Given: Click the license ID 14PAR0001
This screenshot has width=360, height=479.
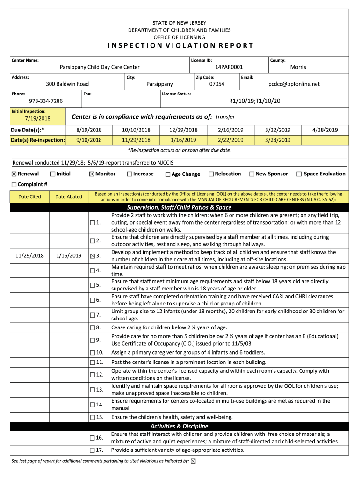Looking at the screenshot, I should pos(229,67).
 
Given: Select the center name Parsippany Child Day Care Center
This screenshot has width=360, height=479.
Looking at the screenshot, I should pos(100,67).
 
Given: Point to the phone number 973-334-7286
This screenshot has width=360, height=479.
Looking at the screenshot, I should pos(46,101).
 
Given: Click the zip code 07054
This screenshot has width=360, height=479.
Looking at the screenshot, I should pos(216,84).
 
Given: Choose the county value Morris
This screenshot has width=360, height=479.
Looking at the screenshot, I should pos(298,67).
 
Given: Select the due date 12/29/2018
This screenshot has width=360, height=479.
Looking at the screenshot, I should pos(183,130).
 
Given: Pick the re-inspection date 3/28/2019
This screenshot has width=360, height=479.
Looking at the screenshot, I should pos(278,140).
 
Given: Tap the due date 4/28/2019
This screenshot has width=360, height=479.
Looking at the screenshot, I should pos(325,130).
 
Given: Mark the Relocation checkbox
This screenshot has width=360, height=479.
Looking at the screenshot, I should pos(211,174).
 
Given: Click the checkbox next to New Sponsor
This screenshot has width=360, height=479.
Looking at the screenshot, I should pos(252,174).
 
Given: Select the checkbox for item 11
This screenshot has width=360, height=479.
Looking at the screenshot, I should pos(92,363).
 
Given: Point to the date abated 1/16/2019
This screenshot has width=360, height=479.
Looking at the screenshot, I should pos(69,256).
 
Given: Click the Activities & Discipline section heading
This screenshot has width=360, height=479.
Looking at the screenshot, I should pos(179,426).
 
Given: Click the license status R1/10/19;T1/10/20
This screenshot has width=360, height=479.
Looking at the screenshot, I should pos(254,101).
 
